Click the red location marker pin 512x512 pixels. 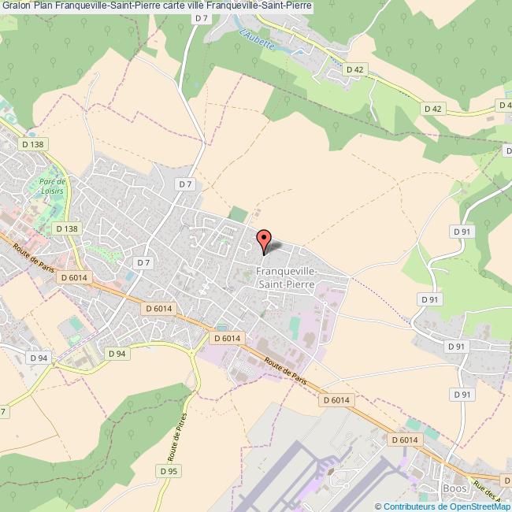click(264, 239)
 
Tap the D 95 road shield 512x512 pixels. click(166, 472)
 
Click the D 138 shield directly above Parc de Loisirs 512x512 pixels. click(32, 144)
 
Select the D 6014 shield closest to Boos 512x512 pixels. click(403, 441)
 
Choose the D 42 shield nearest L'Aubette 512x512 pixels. click(355, 70)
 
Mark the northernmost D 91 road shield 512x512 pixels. click(462, 231)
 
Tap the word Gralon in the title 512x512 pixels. click(16, 6)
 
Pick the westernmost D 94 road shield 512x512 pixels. click(39, 358)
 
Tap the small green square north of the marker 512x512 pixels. click(237, 213)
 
